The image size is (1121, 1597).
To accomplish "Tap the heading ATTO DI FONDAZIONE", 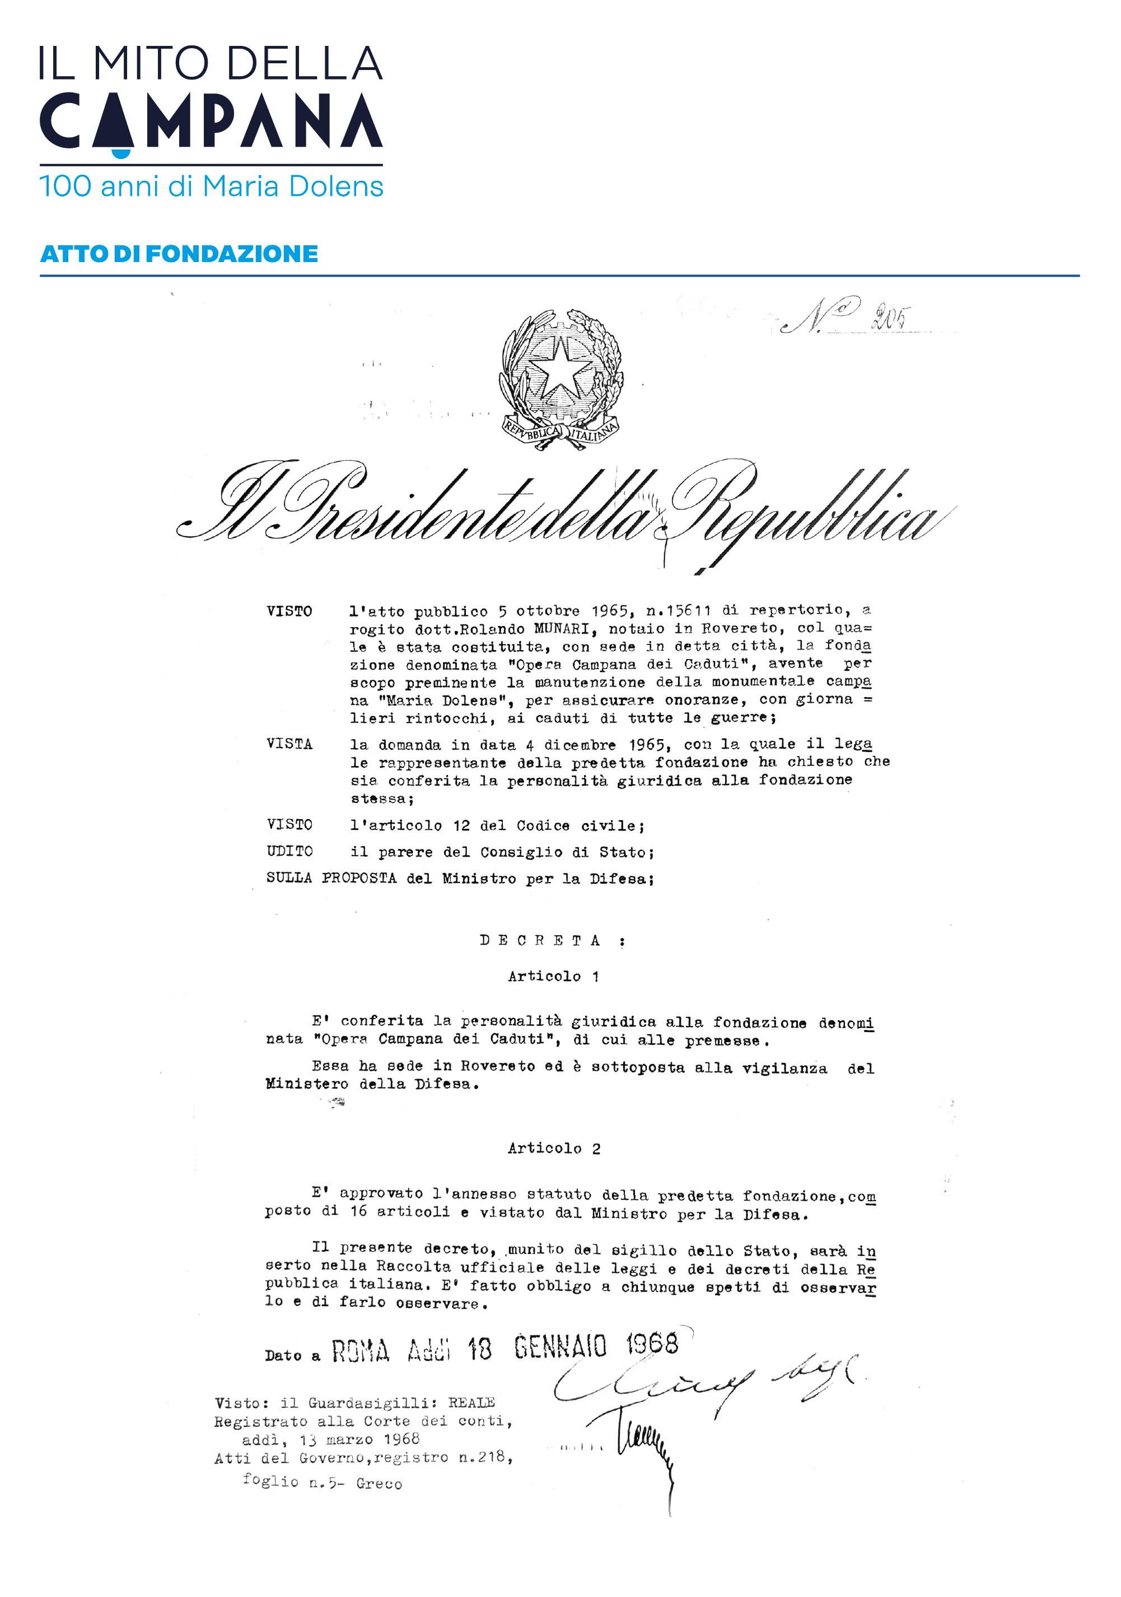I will pyautogui.click(x=179, y=254).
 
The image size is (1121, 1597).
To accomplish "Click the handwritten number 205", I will pyautogui.click(x=889, y=318).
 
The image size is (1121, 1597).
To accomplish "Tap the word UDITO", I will pyautogui.click(x=289, y=851).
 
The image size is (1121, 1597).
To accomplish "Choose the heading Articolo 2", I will pyautogui.click(x=554, y=1148).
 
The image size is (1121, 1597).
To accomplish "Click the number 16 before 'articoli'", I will pyautogui.click(x=358, y=1212).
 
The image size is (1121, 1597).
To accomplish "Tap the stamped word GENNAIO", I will pyautogui.click(x=560, y=1347).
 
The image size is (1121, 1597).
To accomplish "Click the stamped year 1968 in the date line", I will pyautogui.click(x=652, y=1343).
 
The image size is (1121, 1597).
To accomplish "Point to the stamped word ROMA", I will pyautogui.click(x=359, y=1352).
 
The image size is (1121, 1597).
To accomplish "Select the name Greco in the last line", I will pyautogui.click(x=379, y=1484).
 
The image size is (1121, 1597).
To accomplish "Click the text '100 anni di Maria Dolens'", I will pyautogui.click(x=211, y=186).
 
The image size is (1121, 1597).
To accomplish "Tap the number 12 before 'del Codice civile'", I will pyautogui.click(x=461, y=825).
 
